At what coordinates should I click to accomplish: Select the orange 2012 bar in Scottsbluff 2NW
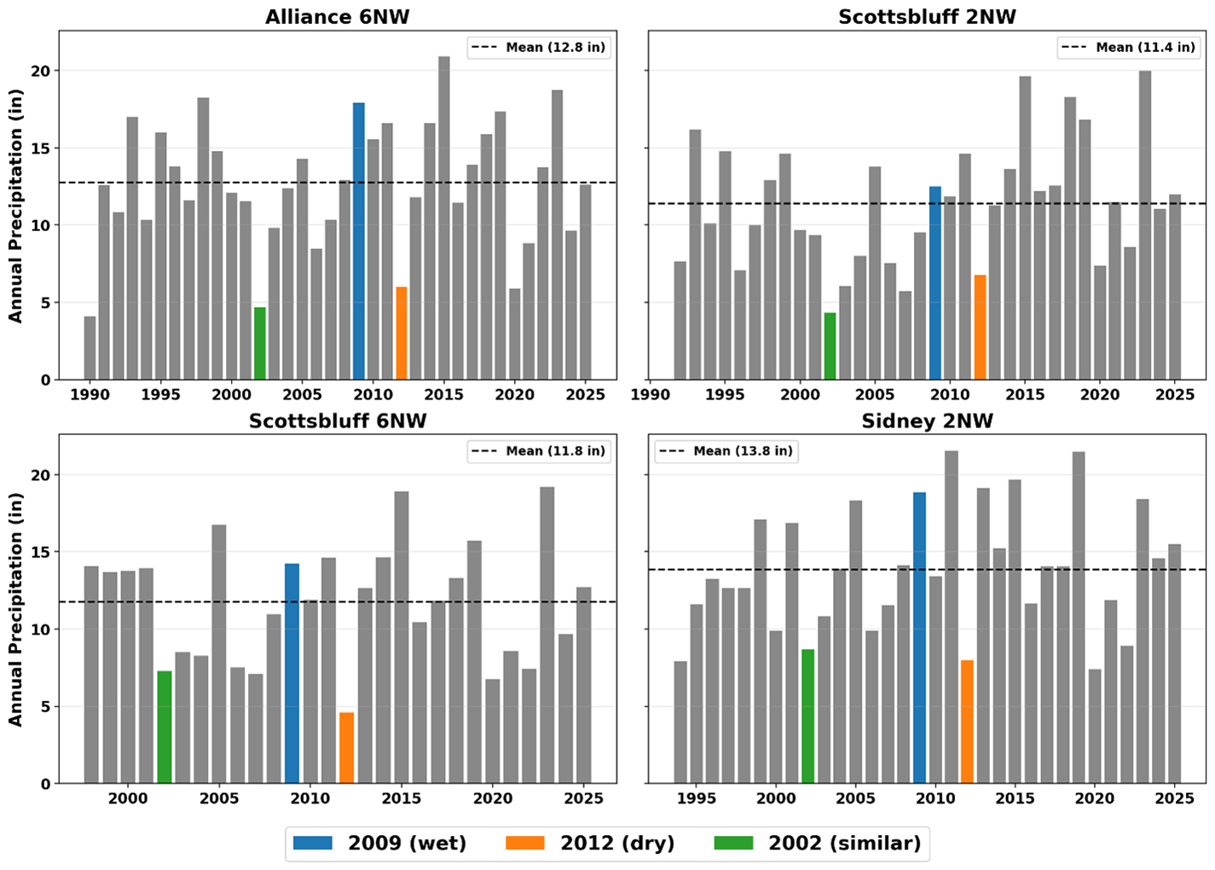tap(980, 328)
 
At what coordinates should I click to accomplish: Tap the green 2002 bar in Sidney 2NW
tap(807, 716)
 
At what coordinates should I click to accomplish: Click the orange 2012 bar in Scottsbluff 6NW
tap(346, 748)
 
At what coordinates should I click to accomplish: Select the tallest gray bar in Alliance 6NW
tap(443, 218)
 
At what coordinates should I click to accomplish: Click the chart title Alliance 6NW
tap(337, 17)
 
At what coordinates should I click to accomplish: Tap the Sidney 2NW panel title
tap(927, 420)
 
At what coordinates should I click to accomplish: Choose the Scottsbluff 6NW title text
tap(338, 420)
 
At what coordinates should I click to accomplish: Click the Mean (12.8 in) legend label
tap(555, 48)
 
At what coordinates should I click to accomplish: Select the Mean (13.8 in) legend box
tap(726, 451)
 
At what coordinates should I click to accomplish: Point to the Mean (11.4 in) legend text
tap(1145, 48)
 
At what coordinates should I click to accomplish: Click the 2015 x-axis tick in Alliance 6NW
tap(443, 394)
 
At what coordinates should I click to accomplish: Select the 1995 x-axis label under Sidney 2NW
tap(697, 798)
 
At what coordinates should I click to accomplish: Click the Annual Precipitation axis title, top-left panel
tap(15, 206)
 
